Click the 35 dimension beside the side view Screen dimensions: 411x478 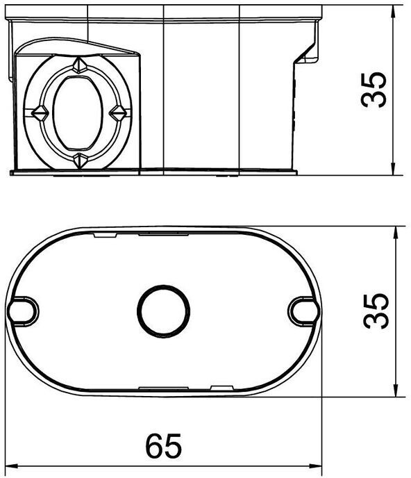[374, 90]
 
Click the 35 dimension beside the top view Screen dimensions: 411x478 [376, 311]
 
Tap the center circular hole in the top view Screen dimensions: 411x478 [164, 311]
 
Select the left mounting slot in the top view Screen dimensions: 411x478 [22, 311]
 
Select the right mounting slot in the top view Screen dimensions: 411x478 [304, 311]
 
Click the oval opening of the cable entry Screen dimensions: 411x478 [78, 113]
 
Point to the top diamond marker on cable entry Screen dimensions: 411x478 [80, 65]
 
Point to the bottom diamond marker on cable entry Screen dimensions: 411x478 [80, 161]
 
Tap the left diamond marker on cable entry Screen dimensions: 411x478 [40, 113]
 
